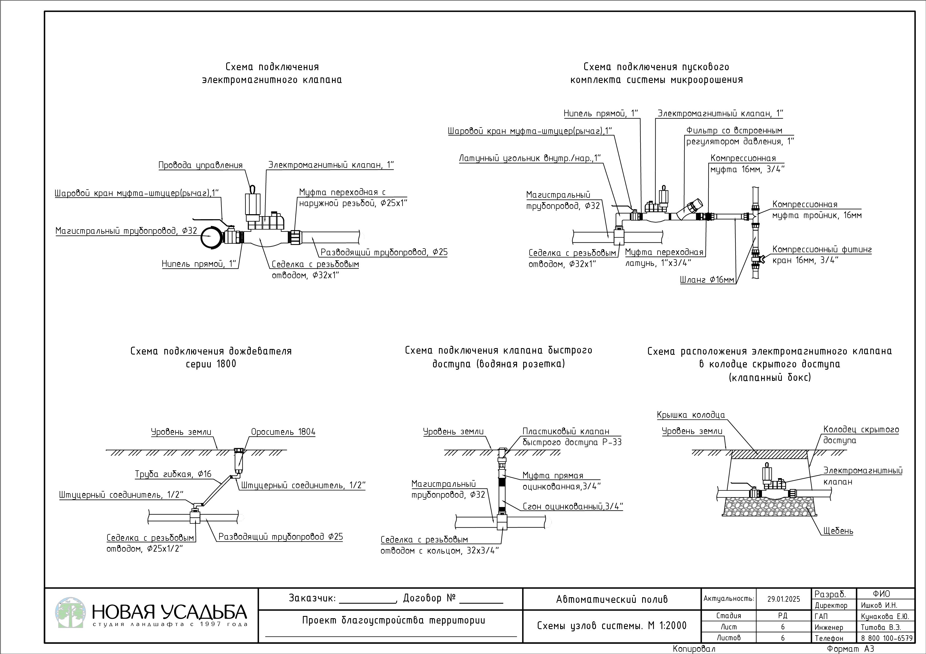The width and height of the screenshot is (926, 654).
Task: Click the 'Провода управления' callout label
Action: (x=200, y=165)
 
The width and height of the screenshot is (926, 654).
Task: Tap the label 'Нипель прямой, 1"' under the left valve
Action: (x=199, y=264)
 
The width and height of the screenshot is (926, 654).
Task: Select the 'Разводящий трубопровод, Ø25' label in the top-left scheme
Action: (x=384, y=252)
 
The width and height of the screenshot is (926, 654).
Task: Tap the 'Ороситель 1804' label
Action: (x=283, y=432)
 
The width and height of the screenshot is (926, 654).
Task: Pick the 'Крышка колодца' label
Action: (x=691, y=415)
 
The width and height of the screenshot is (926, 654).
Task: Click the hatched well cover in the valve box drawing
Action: (x=769, y=454)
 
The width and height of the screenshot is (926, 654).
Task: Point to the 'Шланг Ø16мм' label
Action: (x=707, y=280)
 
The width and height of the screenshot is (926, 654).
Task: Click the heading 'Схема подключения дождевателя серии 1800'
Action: (x=211, y=357)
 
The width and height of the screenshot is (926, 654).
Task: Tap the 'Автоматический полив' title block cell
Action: (x=612, y=599)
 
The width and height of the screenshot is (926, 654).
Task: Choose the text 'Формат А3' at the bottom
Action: (x=850, y=649)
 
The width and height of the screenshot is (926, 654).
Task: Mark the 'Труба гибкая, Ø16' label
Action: (x=173, y=474)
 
